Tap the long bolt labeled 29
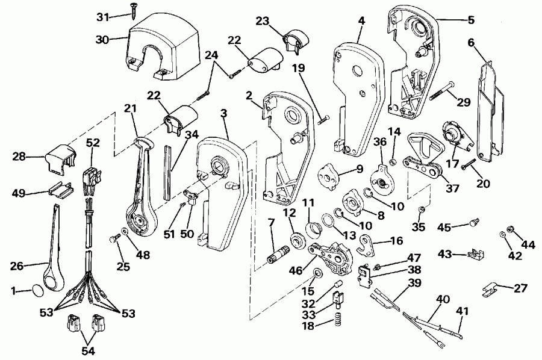[x=441, y=90]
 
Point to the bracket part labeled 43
[x=475, y=254]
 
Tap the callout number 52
[x=93, y=144]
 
